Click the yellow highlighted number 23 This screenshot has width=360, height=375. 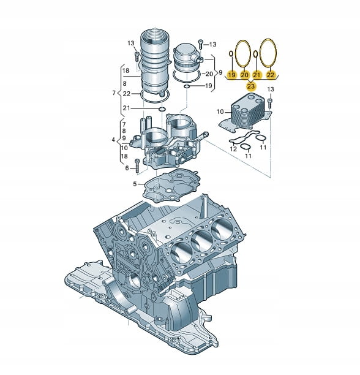[x=251, y=86]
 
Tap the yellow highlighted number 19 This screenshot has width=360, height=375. [x=231, y=75]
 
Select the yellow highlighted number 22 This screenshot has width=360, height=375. [x=271, y=75]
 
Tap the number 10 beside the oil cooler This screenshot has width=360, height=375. [x=220, y=112]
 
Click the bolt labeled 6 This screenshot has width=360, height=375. [x=137, y=165]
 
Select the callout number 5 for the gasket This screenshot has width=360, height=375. [x=135, y=184]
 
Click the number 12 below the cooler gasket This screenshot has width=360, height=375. [x=233, y=149]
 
